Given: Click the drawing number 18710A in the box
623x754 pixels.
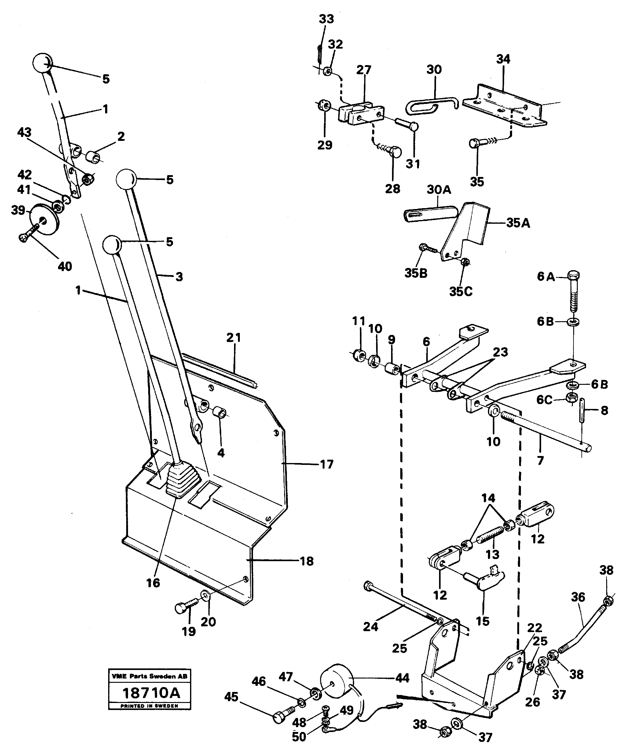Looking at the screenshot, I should tap(151, 693).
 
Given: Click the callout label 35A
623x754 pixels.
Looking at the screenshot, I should tap(518, 223).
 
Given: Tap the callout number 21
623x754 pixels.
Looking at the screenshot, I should tap(234, 338).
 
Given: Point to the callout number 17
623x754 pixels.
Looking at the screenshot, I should tap(327, 464).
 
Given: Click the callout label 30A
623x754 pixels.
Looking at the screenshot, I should tap(438, 189).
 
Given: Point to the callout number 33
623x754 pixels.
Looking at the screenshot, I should tap(326, 19).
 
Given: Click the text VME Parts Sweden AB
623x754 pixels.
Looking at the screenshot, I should tap(149, 676).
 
